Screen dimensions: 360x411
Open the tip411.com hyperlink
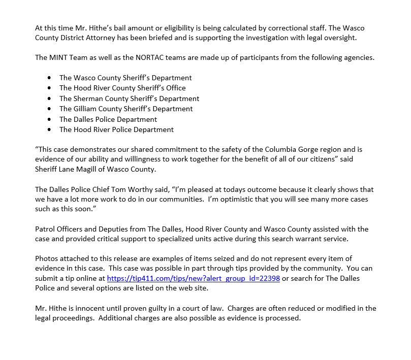pos(193,278)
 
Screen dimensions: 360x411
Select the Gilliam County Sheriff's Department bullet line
pos(125,109)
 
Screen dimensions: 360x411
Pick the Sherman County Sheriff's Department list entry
pos(129,99)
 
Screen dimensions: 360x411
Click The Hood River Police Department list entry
pos(116,129)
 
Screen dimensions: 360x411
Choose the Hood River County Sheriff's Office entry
pos(122,88)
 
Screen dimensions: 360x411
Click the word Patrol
pos(46,229)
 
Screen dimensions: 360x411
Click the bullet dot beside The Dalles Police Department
pos(49,119)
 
